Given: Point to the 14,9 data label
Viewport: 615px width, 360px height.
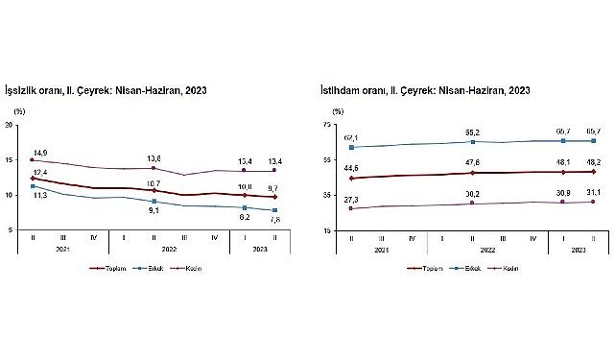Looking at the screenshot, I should click(39, 152).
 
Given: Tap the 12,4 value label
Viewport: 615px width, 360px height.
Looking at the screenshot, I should click(38, 170).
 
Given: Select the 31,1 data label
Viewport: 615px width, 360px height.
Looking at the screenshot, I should click(596, 192).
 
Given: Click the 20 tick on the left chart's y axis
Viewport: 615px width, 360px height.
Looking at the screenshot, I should click(9, 125).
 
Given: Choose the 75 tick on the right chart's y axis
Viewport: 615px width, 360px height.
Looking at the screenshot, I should click(327, 125).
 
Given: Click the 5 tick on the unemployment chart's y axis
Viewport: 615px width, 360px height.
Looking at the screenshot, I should click(11, 230).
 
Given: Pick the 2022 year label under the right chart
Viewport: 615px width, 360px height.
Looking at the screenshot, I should click(475, 249).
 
